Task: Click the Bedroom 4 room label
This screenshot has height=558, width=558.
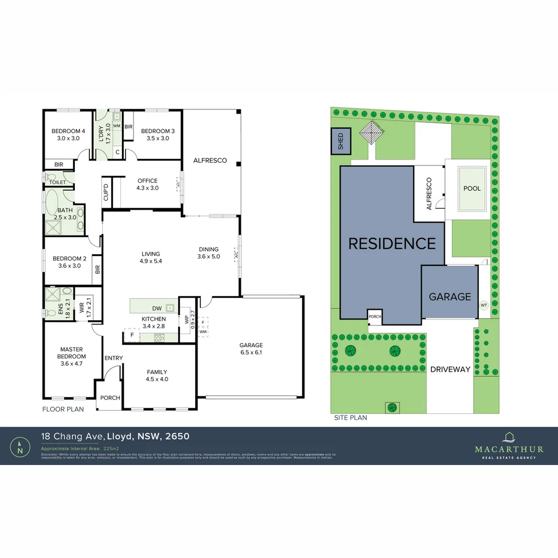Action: (68, 135)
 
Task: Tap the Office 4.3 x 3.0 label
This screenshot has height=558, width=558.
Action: (148, 184)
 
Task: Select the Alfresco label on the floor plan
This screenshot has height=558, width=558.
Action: (210, 161)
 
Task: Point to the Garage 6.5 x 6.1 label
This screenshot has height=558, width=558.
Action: (251, 349)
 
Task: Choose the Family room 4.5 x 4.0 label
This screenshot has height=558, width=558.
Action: (157, 376)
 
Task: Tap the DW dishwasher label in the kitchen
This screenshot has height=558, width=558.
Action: (157, 308)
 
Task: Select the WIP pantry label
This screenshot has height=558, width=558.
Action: (187, 320)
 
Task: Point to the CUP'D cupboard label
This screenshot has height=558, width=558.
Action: (106, 192)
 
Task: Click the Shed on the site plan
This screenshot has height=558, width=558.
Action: (340, 142)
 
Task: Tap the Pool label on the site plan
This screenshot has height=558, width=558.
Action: (472, 189)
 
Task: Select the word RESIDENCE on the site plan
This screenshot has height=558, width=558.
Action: (392, 243)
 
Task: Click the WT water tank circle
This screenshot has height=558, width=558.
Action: (484, 305)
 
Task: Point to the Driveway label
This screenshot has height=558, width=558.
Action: (451, 369)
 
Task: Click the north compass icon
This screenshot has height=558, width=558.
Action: (20, 446)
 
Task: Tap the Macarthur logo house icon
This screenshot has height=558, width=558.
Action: (509, 437)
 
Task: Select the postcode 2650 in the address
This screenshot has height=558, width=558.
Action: (177, 436)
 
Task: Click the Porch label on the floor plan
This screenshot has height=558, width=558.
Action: (110, 398)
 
